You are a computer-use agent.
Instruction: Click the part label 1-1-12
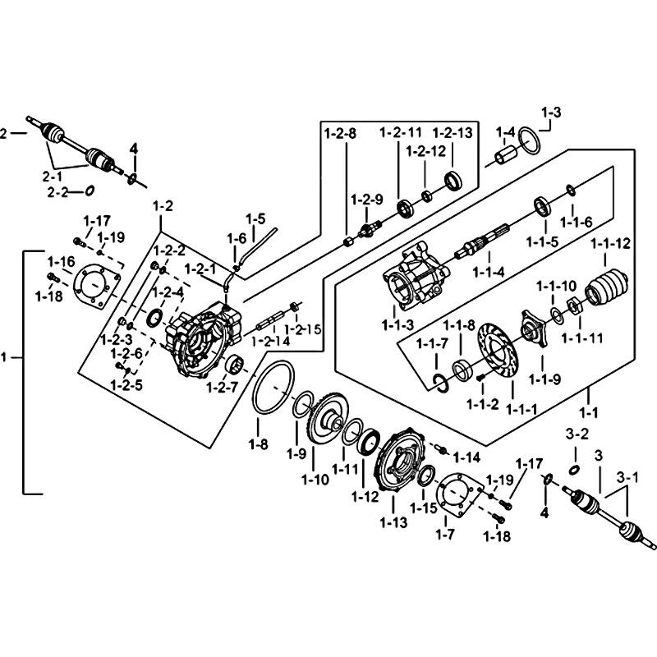(611, 243)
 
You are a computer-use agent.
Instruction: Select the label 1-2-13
(453, 132)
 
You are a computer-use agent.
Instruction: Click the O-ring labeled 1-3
(530, 142)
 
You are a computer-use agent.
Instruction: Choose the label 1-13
(394, 520)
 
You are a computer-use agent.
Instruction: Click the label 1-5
(255, 219)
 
